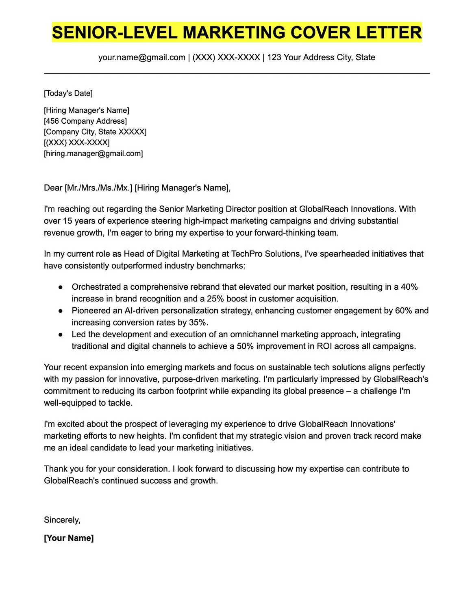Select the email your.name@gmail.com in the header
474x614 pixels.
click(x=141, y=57)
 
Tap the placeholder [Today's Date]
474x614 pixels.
click(x=68, y=93)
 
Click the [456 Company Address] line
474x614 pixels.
click(x=85, y=121)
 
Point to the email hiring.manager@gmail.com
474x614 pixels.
click(x=93, y=153)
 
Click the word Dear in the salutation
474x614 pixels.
click(x=53, y=188)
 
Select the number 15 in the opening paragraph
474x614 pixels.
click(x=67, y=221)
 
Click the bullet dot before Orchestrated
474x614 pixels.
click(x=60, y=287)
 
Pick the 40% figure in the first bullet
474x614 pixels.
click(x=409, y=287)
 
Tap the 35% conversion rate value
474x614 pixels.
click(x=199, y=322)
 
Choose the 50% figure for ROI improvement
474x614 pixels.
click(x=245, y=346)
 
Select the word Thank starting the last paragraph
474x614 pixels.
click(x=55, y=469)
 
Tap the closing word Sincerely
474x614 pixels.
click(x=62, y=520)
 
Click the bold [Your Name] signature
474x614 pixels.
click(x=69, y=538)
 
